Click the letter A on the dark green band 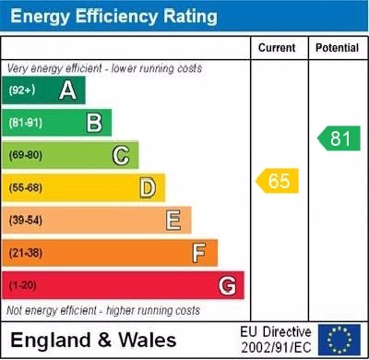pyautogui.click(x=68, y=90)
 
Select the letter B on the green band pyautogui.click(x=94, y=123)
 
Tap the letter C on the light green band pyautogui.click(x=121, y=156)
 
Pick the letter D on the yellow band pyautogui.click(x=148, y=188)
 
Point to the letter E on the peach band pyautogui.click(x=173, y=220)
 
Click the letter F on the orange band pyautogui.click(x=199, y=253)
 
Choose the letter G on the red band pyautogui.click(x=227, y=286)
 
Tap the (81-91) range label pyautogui.click(x=25, y=123)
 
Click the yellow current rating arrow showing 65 pyautogui.click(x=278, y=181)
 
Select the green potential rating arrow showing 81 pyautogui.click(x=339, y=138)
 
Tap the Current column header pyautogui.click(x=277, y=48)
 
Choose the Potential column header pyautogui.click(x=337, y=48)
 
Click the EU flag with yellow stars pyautogui.click(x=339, y=340)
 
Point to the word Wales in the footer pyautogui.click(x=148, y=340)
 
